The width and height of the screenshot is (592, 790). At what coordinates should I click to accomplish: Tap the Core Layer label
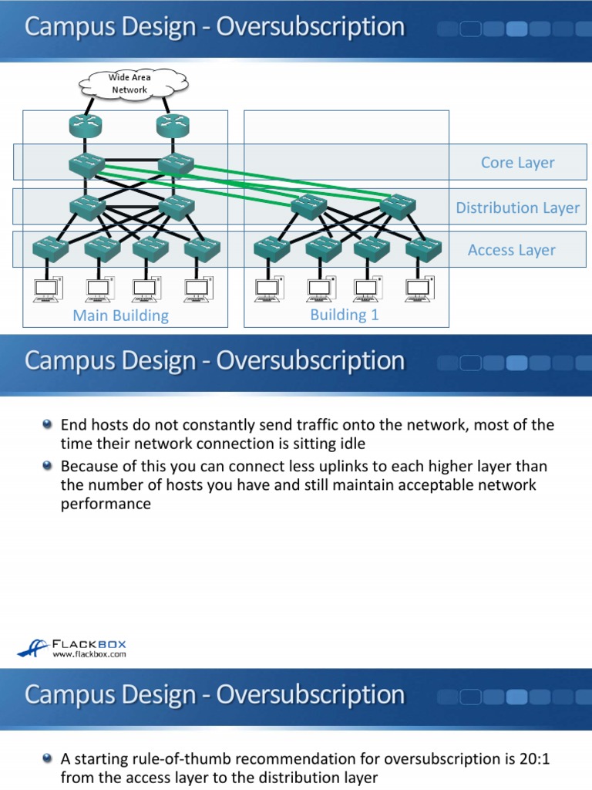[x=517, y=163]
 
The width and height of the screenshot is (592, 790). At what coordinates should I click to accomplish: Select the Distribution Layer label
[x=517, y=208]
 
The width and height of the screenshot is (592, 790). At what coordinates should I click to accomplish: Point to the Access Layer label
[x=511, y=250]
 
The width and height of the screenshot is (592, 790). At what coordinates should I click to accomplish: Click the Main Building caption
[x=120, y=315]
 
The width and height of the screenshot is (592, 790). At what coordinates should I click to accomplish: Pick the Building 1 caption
[x=345, y=314]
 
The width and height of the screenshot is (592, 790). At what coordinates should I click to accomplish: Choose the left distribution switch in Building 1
[x=309, y=206]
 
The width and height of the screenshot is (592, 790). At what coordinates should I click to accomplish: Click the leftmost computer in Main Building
[x=46, y=289]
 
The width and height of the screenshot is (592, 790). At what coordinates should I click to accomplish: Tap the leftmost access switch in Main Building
[x=50, y=248]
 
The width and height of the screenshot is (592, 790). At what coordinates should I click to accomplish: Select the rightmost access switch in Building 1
[x=423, y=248]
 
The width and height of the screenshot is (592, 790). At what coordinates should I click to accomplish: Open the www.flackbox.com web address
[x=89, y=654]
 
